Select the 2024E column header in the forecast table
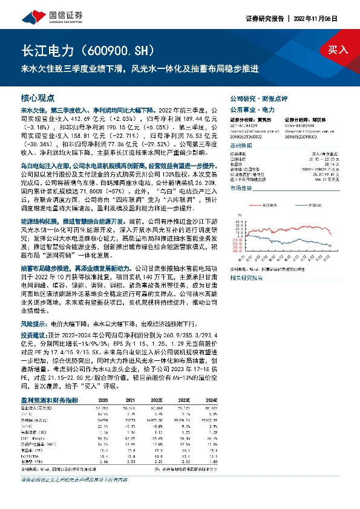pyautogui.click(x=211, y=400)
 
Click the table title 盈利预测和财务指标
pyautogui.click(x=49, y=400)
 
